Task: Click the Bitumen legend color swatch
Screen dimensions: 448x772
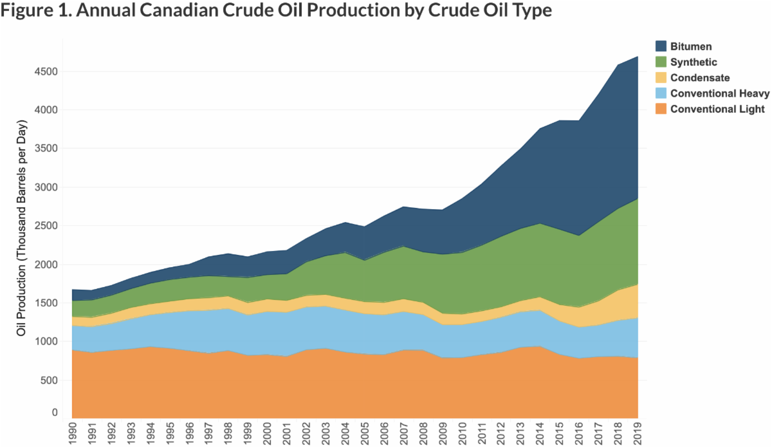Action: coord(660,46)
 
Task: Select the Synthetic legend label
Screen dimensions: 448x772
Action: coord(694,62)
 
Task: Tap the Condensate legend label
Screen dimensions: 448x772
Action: coord(700,78)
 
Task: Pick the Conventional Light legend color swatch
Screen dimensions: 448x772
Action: coord(660,109)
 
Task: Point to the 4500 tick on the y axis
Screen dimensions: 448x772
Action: coord(46,71)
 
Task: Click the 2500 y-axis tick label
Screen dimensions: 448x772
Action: coord(46,226)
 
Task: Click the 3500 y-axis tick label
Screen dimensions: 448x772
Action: coord(46,149)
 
